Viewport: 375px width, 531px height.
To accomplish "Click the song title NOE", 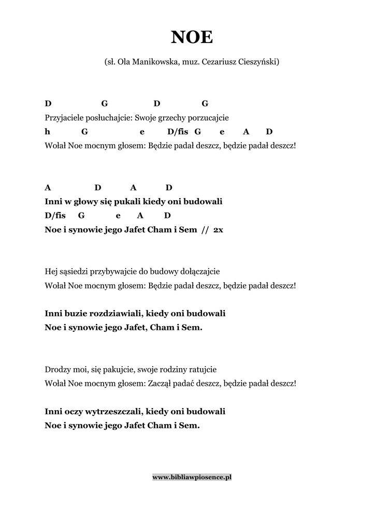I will click(x=192, y=38).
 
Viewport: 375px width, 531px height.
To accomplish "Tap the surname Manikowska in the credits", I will click(x=153, y=62).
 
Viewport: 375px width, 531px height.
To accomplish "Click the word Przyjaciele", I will click(x=64, y=117).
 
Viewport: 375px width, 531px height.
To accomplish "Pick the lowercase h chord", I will click(x=47, y=132).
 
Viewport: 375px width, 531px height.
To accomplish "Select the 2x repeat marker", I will click(x=218, y=229).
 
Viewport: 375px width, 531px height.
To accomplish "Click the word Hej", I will click(x=51, y=271).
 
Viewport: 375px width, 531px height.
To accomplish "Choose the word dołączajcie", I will click(x=199, y=271).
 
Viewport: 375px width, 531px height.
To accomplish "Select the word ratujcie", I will click(x=200, y=370).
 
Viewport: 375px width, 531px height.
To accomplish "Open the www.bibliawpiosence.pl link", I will click(x=192, y=477).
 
